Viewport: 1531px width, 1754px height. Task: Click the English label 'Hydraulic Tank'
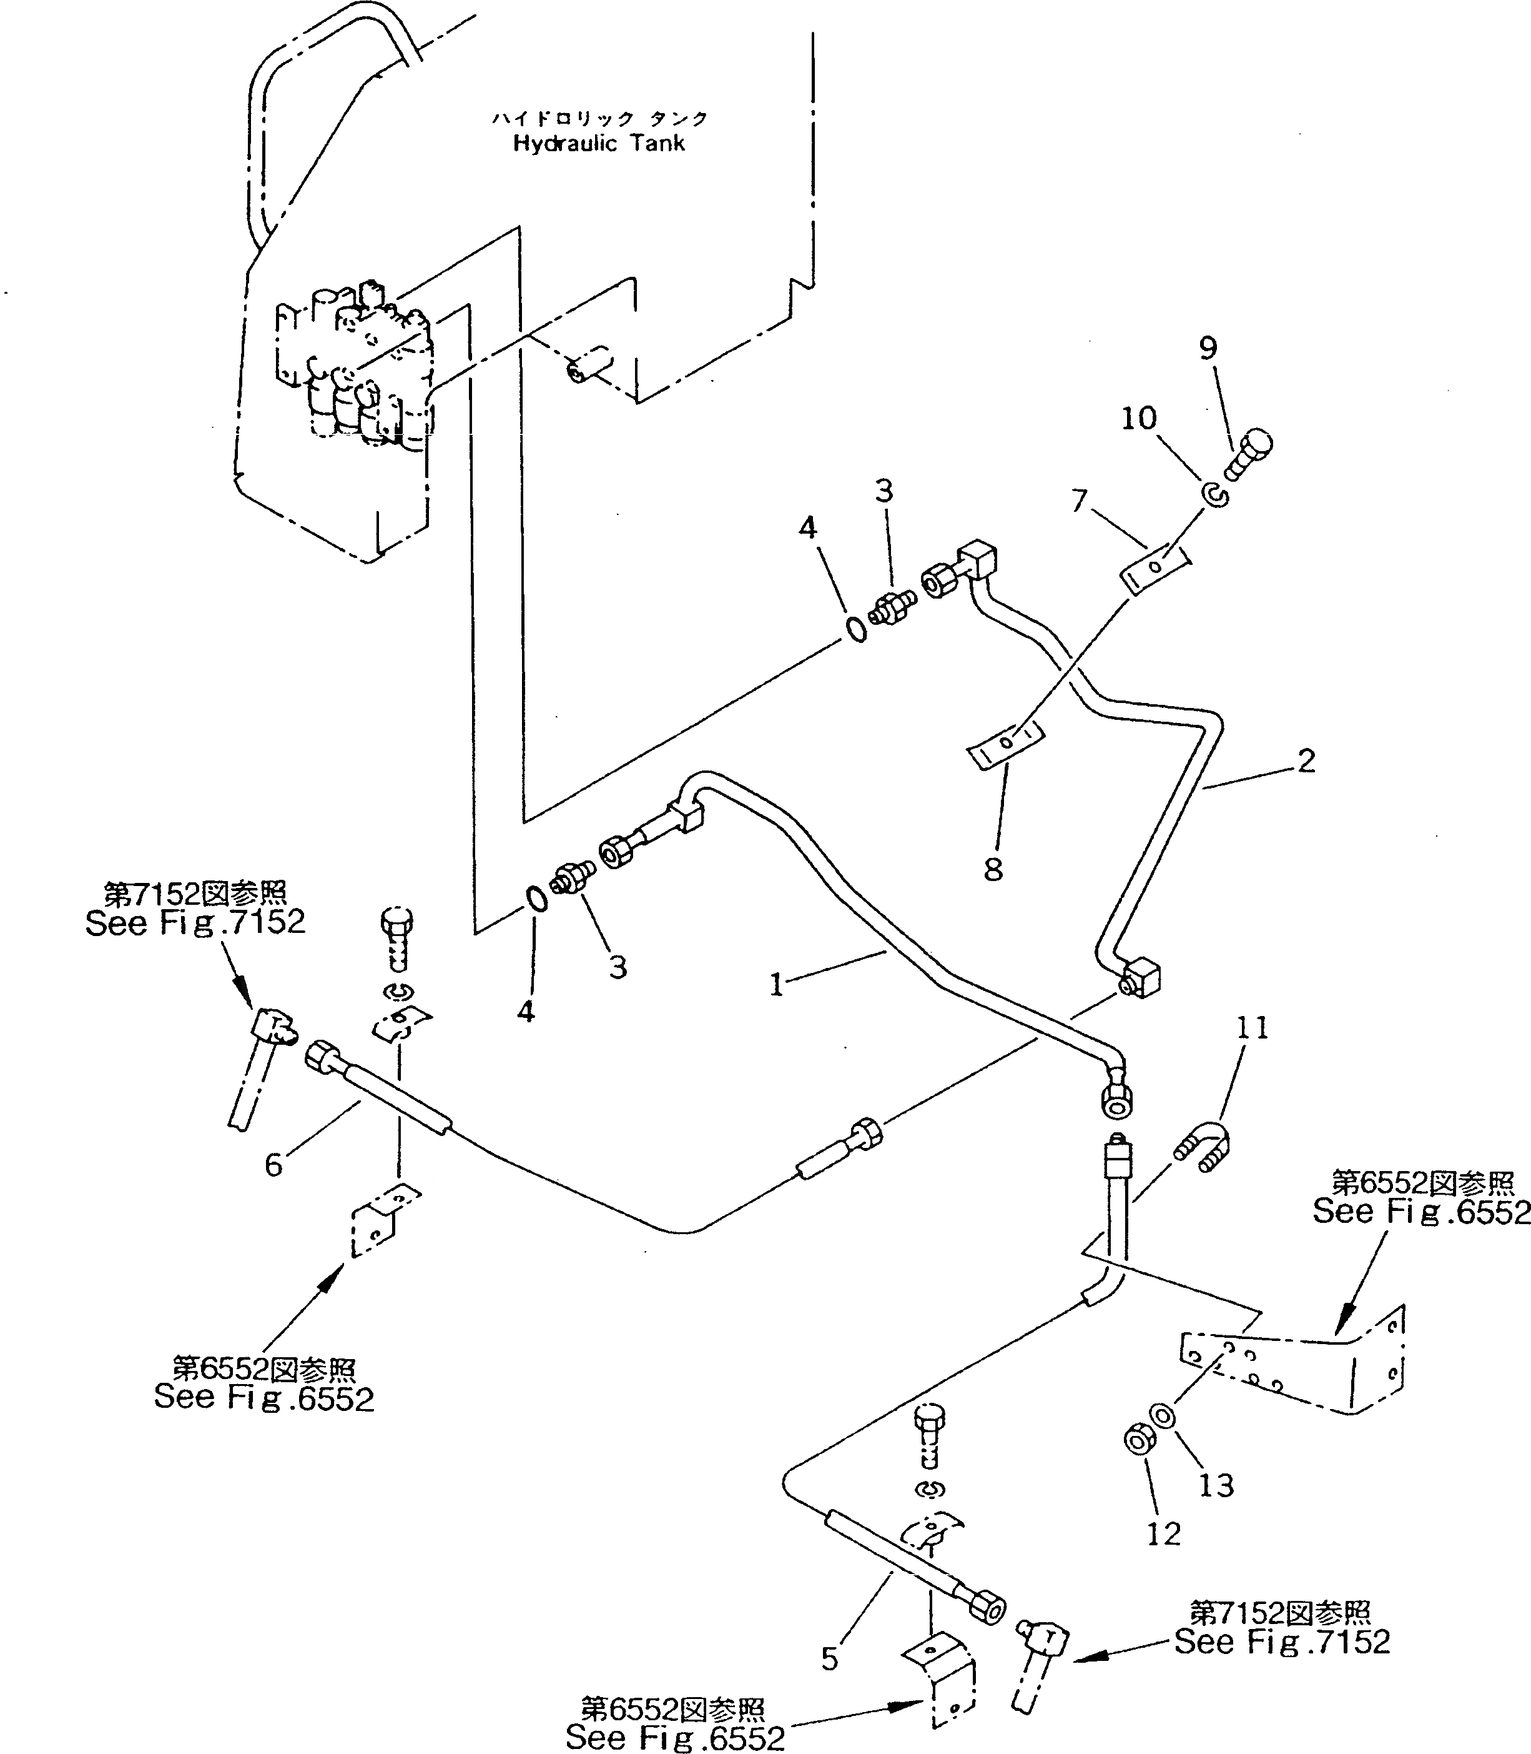(598, 144)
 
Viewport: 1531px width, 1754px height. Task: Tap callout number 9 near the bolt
(1208, 349)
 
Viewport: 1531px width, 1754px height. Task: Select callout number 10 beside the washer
(1139, 419)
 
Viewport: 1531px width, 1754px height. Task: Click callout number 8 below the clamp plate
(993, 870)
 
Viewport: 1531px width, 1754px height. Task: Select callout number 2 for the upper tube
(1306, 760)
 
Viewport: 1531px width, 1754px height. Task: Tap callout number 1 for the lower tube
(775, 985)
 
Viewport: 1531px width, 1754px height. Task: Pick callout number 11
(1253, 1027)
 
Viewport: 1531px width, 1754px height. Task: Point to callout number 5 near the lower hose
(830, 1658)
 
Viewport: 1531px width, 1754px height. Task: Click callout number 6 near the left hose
(273, 1165)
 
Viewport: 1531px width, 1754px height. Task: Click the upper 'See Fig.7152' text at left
(195, 923)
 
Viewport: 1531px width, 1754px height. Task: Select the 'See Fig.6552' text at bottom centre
(675, 1738)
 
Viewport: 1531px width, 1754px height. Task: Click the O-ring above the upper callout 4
(857, 630)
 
